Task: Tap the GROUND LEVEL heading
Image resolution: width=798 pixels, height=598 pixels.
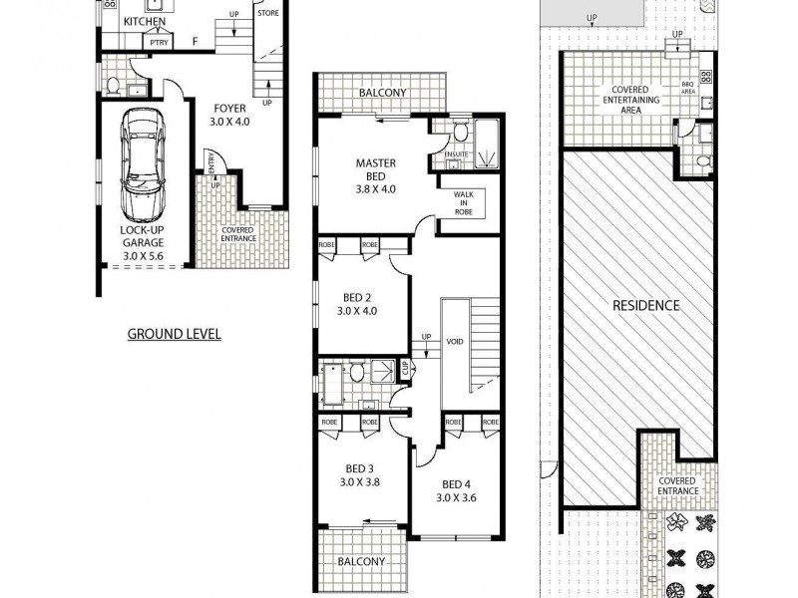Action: (174, 334)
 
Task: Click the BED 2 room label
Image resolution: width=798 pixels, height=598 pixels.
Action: (357, 303)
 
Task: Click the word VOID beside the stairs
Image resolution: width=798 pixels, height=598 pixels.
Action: (455, 342)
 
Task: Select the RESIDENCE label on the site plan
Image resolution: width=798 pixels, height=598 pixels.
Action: (645, 305)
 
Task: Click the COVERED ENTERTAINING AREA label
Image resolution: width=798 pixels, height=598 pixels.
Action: (625, 100)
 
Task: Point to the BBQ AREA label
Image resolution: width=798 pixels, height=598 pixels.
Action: (687, 87)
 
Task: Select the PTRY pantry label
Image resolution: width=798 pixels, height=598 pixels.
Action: (158, 42)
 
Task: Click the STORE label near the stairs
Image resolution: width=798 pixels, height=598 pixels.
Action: (268, 14)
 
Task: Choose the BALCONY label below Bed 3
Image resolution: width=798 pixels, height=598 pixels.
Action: (360, 561)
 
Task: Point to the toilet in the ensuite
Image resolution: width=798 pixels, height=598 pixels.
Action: (460, 133)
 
